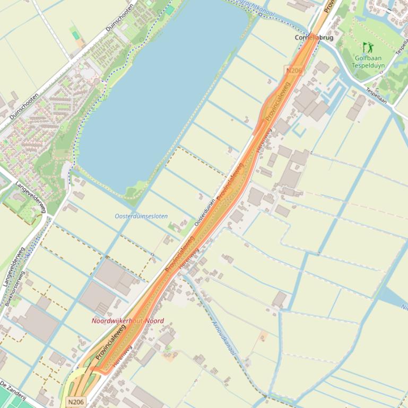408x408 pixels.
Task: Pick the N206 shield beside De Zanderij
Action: (x=76, y=402)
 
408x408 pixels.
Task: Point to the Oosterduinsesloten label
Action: (x=141, y=216)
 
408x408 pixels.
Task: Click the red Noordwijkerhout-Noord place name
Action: (x=127, y=321)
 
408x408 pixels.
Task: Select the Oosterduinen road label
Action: (x=205, y=212)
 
